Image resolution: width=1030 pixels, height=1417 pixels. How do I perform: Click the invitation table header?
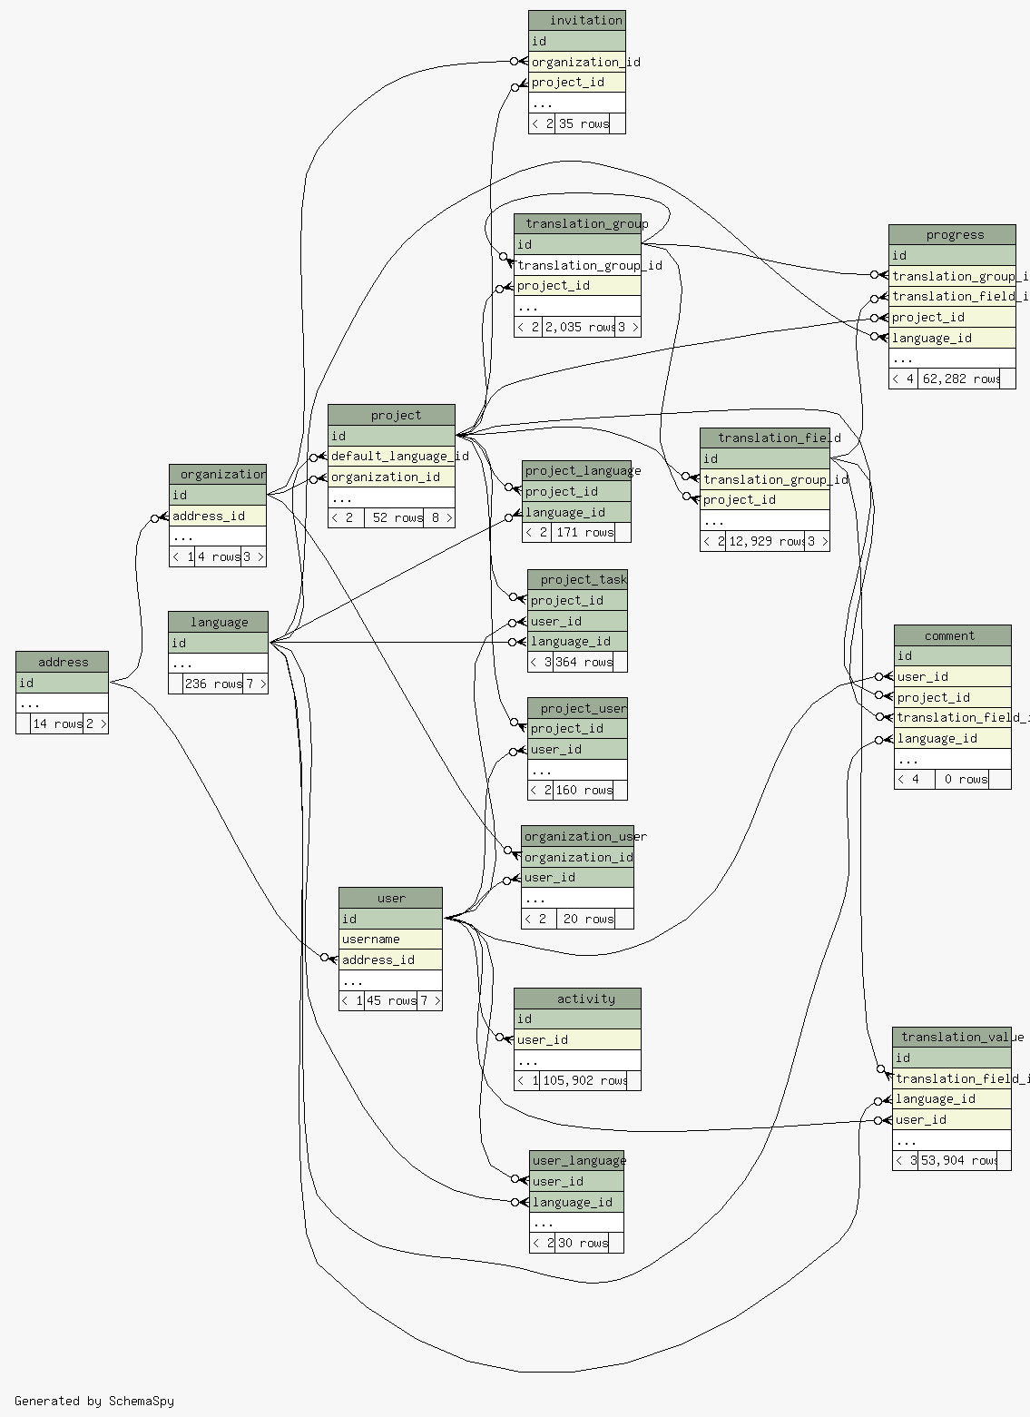click(577, 20)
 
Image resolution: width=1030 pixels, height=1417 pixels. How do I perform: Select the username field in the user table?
click(390, 939)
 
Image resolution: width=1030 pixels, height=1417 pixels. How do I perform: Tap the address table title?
click(63, 662)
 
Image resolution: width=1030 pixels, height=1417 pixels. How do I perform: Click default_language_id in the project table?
click(391, 456)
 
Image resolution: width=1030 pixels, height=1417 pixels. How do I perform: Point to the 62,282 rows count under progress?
click(960, 379)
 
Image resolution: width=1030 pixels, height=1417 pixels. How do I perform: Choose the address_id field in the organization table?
click(218, 516)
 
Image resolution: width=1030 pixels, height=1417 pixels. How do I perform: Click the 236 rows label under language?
click(213, 684)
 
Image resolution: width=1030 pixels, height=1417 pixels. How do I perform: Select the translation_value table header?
click(952, 1037)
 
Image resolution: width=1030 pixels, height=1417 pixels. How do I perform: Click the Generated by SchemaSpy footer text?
click(94, 1401)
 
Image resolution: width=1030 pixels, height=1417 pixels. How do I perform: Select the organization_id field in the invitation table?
click(577, 62)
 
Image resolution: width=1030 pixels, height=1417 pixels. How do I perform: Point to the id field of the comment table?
click(952, 655)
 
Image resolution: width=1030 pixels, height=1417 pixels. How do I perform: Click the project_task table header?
click(578, 579)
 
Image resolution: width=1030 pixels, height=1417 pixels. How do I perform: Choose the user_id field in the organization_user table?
click(577, 877)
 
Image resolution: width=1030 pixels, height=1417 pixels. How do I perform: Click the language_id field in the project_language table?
click(577, 512)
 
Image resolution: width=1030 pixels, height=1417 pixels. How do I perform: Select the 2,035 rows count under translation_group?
click(580, 327)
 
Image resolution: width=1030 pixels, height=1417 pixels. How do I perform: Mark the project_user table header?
click(578, 708)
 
